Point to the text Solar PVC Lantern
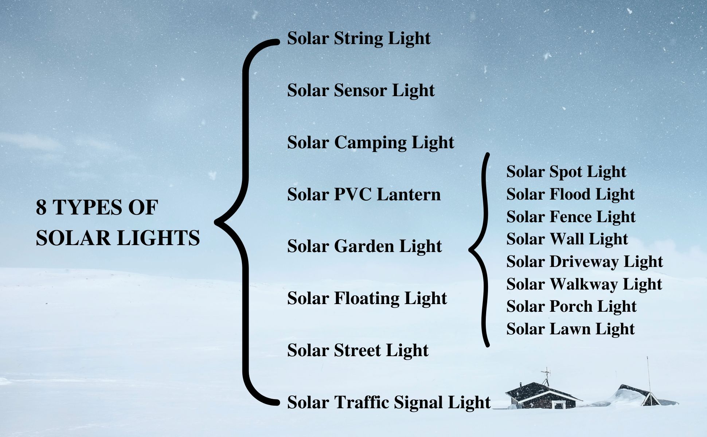point(364,194)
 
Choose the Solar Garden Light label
point(364,247)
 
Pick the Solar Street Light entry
point(358,351)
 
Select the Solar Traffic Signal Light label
point(389,403)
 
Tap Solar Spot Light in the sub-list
point(566,172)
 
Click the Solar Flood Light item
point(570,194)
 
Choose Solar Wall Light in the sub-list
point(567,239)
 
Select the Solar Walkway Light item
point(584,284)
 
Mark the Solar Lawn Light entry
point(570,329)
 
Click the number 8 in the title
point(41,208)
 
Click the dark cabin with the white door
point(542,395)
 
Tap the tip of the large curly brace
point(216,222)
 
